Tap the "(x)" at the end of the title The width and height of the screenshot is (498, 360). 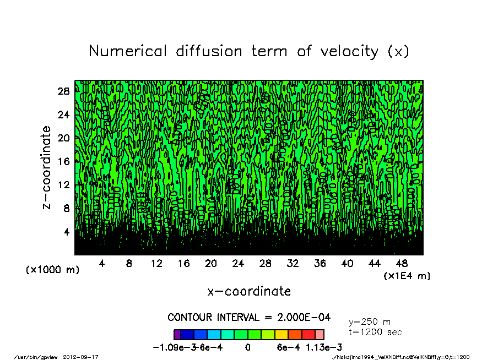coord(398,51)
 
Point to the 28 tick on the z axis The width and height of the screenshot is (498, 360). coord(64,91)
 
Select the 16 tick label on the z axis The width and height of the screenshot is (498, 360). coord(64,161)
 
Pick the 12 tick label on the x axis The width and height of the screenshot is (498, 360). coord(156,264)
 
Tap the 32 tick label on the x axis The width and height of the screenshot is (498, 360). coord(293,264)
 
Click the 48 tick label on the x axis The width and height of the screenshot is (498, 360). coord(402,264)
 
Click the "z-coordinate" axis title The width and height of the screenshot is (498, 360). coord(47,167)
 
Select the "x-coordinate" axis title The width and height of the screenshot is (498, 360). coord(249,291)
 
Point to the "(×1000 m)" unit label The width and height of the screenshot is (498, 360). coord(53,270)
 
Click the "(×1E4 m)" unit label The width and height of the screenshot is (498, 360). coord(407,276)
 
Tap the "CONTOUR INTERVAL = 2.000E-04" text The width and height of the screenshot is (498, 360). coord(249,318)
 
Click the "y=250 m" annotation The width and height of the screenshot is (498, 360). coord(370,322)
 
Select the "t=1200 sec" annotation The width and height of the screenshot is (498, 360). coord(376,332)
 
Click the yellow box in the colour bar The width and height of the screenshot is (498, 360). coord(281,335)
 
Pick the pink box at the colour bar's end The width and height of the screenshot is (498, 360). coord(320,335)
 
